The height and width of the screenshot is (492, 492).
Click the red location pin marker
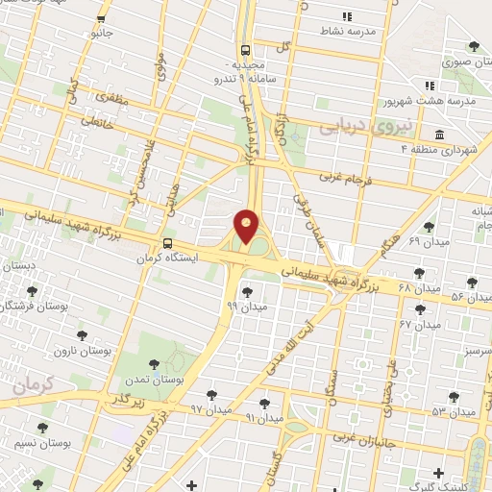click(x=247, y=226)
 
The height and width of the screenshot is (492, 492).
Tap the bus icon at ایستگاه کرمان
click(x=169, y=243)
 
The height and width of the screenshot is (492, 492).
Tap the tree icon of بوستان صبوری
click(x=472, y=46)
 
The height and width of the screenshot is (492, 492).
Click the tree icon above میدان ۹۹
click(x=247, y=291)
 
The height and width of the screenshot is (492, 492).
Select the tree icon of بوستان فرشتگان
click(x=32, y=290)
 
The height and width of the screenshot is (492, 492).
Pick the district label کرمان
click(x=37, y=384)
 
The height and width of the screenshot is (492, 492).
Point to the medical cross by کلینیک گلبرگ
click(x=439, y=472)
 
